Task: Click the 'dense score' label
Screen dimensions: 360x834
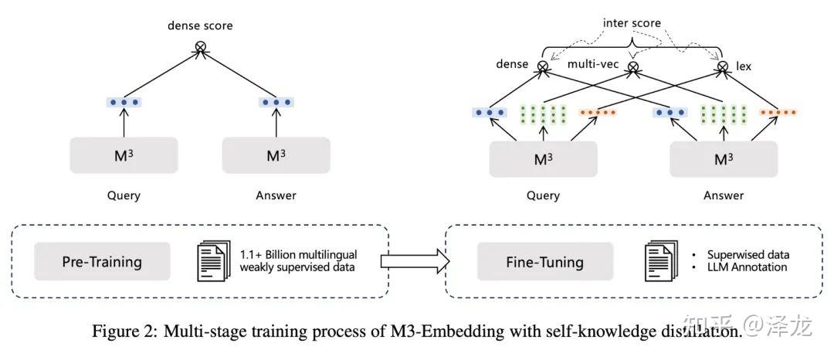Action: coord(200,25)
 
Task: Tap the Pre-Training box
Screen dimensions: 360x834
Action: coord(102,261)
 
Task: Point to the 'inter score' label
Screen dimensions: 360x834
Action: coord(632,23)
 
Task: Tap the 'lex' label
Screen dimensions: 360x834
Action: coord(743,67)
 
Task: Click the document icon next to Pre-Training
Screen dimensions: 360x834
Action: coord(214,261)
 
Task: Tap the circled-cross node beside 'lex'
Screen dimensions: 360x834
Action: coord(723,68)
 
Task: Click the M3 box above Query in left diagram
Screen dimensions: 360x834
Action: coord(124,155)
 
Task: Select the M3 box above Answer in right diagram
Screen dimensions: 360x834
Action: coord(723,160)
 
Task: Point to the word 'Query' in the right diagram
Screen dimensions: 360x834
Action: coord(543,195)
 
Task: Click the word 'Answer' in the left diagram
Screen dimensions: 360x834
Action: coord(276,195)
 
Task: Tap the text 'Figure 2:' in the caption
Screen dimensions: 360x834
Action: coord(120,332)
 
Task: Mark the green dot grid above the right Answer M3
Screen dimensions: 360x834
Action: coord(723,114)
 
